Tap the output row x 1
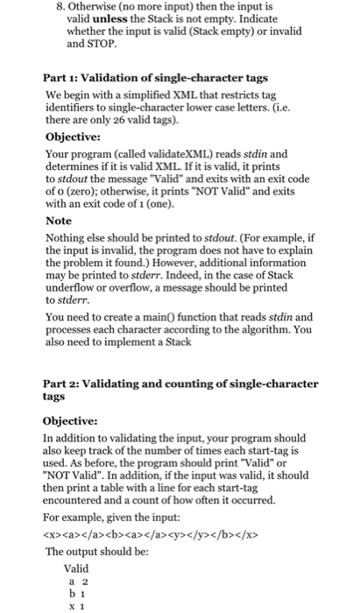point(76,605)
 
